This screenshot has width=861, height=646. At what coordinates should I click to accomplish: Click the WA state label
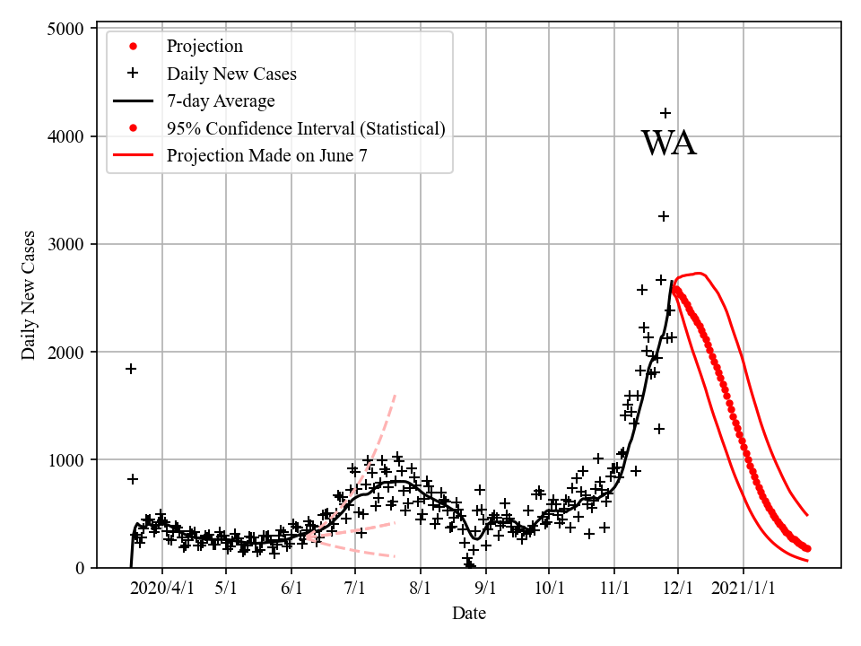point(668,144)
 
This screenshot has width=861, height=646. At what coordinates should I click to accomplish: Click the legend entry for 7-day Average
point(221,100)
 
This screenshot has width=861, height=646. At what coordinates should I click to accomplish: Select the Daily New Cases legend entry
point(231,74)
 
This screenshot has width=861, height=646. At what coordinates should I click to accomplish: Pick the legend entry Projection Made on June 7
point(266,155)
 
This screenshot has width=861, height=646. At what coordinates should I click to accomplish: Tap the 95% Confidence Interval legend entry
point(306,128)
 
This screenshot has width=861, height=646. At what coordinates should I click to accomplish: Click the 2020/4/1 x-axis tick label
point(162,589)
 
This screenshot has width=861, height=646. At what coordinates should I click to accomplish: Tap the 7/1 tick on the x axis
point(355,589)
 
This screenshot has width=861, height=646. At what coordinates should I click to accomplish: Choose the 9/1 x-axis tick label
point(486,589)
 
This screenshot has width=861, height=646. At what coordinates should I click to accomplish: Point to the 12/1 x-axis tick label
point(678,589)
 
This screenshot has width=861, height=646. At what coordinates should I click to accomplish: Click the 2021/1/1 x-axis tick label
point(744,589)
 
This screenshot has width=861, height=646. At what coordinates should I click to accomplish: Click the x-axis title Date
point(469,614)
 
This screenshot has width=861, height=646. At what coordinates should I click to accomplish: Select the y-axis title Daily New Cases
point(30,295)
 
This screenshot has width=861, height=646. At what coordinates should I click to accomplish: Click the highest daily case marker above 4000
point(665,113)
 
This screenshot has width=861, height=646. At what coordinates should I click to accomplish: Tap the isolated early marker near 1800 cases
point(131,369)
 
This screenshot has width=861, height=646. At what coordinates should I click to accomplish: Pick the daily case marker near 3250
point(664,216)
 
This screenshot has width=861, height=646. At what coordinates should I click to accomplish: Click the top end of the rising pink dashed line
point(395,394)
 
